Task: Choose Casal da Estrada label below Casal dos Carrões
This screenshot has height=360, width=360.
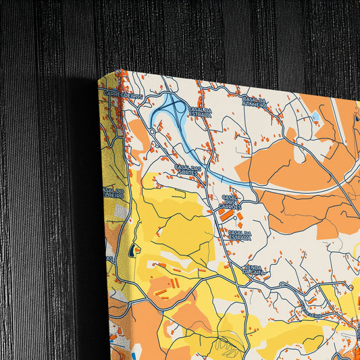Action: [240, 236]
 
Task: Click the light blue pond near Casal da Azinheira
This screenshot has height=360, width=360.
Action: [315, 117]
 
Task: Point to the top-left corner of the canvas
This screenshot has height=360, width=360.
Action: [99, 79]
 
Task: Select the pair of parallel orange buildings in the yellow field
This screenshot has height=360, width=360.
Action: [163, 292]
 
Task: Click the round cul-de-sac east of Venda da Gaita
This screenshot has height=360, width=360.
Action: [352, 288]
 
